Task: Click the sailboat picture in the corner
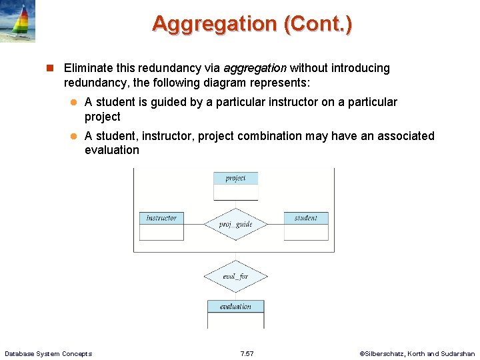point(17,21)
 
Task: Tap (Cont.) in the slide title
point(318,24)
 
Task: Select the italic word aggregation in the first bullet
point(255,68)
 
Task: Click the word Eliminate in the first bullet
point(89,68)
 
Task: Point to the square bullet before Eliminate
point(49,68)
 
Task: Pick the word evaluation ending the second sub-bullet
point(112,150)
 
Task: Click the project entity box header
point(235,178)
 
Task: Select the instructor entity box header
point(161,218)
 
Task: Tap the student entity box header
point(306,218)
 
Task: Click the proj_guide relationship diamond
point(235,225)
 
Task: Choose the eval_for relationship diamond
point(235,277)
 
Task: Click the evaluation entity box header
point(235,307)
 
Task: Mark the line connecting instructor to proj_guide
point(194,225)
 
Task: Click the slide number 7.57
point(247,353)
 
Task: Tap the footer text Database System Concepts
point(48,353)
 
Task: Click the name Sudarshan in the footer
point(458,353)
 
